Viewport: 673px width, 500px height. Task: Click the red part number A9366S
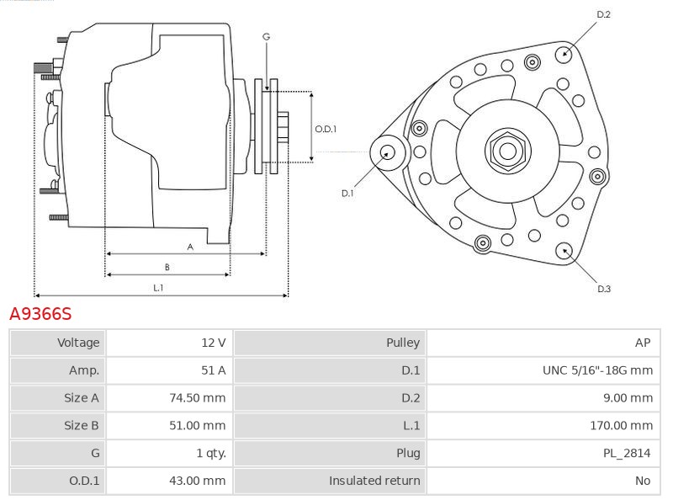[x=40, y=314]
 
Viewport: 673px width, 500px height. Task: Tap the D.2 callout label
[x=603, y=14]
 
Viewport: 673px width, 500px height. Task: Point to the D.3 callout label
[x=604, y=289]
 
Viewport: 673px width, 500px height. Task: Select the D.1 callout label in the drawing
[x=347, y=194]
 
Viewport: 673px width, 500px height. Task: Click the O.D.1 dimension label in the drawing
[x=326, y=129]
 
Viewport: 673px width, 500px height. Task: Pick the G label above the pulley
[x=266, y=37]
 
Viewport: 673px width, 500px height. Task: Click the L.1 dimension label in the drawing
[x=158, y=288]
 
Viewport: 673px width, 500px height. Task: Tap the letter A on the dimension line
[x=190, y=247]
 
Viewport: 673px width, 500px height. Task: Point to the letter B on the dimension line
[x=167, y=267]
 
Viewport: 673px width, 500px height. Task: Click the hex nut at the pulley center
[x=508, y=151]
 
